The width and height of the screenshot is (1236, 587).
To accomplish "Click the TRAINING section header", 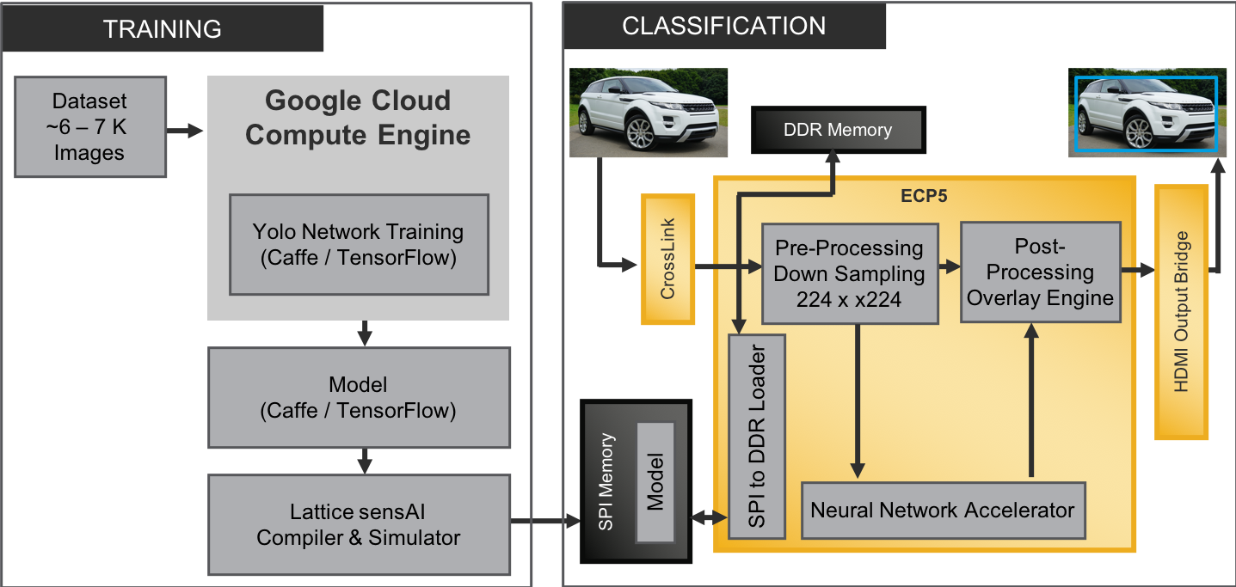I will coord(162,28).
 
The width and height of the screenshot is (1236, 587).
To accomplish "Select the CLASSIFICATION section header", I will coord(723,26).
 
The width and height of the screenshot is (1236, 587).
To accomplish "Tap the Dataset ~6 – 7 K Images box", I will coord(89,127).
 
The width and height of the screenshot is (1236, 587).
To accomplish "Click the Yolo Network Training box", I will coord(358,244).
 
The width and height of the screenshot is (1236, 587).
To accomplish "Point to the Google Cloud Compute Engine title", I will coord(358,118).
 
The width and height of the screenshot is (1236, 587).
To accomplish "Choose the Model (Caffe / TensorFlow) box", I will coord(358,397).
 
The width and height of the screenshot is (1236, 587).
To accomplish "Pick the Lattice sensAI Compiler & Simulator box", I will coord(358,525).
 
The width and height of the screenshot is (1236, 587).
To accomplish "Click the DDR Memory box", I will coord(837,131).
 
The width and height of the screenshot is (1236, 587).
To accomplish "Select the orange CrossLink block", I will coord(667,259).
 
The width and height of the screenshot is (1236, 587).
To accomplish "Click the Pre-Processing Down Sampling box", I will coord(848,274).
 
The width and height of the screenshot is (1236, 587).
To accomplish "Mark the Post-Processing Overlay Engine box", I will coord(1040,272).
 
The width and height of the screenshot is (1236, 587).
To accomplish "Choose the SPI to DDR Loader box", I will coord(756,437).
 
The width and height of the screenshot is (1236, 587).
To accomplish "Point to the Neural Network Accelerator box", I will coord(942,511).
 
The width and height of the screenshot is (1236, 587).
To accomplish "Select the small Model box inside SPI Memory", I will coord(655,482).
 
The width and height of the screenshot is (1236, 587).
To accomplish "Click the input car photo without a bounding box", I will coord(649,113).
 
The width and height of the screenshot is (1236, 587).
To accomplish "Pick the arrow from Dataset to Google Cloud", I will coord(186,131).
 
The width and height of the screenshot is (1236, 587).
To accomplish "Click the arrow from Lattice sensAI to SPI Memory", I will coord(545,522).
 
